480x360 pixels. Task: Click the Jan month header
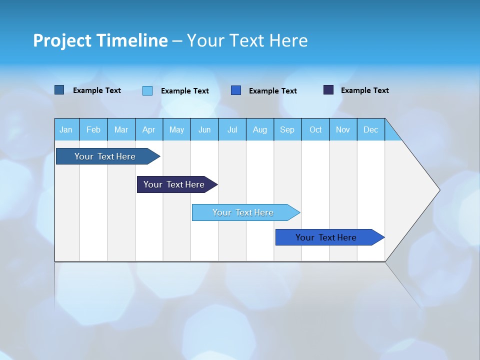(x=66, y=129)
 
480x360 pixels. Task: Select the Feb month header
(x=93, y=129)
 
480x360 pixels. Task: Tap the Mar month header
(x=121, y=129)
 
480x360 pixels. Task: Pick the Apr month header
(x=149, y=129)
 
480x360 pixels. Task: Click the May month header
(x=176, y=129)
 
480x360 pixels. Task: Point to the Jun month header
(x=204, y=129)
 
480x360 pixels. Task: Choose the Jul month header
(x=232, y=129)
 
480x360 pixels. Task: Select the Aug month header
(x=260, y=129)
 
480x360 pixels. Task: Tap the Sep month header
(x=287, y=129)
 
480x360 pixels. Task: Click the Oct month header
(x=315, y=129)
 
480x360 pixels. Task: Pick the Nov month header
(x=343, y=129)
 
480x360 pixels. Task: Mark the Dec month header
(x=371, y=129)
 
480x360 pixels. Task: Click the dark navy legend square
(x=328, y=90)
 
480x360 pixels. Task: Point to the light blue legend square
(x=147, y=90)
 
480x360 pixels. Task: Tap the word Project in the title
(x=62, y=40)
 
